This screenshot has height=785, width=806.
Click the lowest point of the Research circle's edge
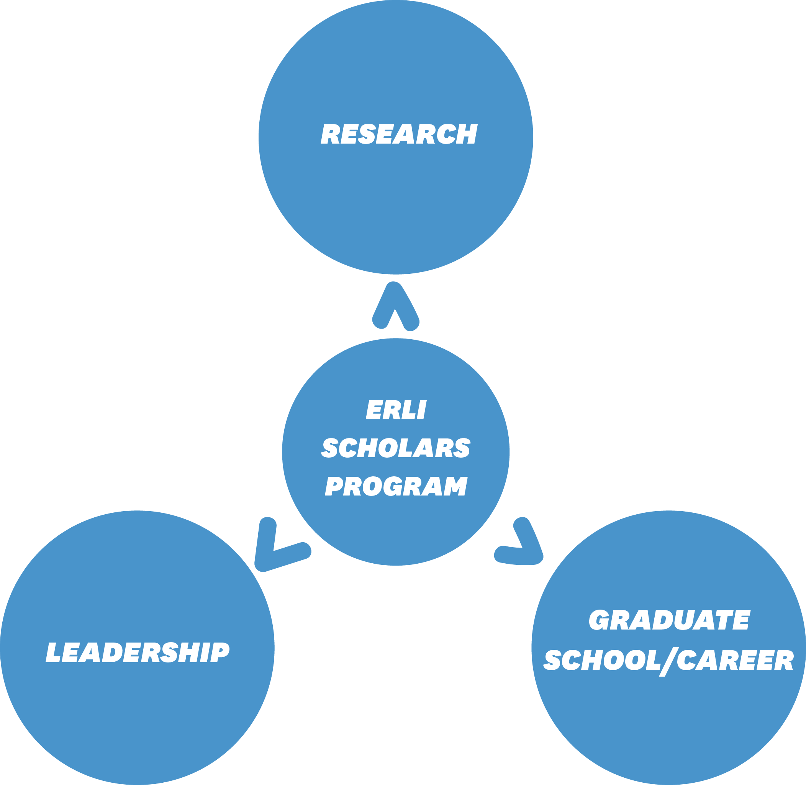click(x=396, y=274)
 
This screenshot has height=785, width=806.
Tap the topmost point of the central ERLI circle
click(x=396, y=339)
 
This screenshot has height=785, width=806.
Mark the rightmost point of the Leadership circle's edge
click(x=274, y=648)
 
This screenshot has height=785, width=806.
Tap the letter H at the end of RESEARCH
click(x=467, y=134)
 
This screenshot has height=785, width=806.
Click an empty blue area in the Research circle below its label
click(x=396, y=206)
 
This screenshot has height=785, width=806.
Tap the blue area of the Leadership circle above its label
click(x=138, y=577)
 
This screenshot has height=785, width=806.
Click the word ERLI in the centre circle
click(x=396, y=409)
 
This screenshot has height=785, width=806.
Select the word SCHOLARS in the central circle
click(x=396, y=448)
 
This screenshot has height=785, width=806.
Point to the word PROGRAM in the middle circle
click(x=396, y=486)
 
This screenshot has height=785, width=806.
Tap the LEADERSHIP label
click(x=138, y=652)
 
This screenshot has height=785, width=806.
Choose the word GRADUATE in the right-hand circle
click(x=670, y=620)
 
